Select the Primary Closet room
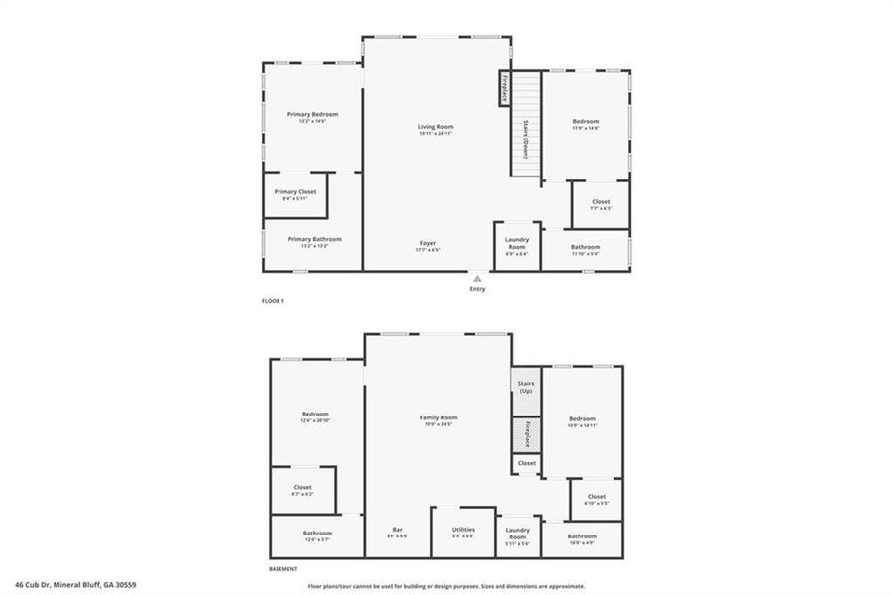pyautogui.click(x=295, y=195)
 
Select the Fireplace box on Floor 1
pyautogui.click(x=505, y=89)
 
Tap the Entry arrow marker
pyautogui.click(x=478, y=279)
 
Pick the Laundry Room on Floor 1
pyautogui.click(x=516, y=244)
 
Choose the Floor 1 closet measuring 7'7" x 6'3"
pyautogui.click(x=601, y=205)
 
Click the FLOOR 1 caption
pyautogui.click(x=273, y=300)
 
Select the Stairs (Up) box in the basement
pyautogui.click(x=525, y=387)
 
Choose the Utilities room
pyautogui.click(x=463, y=534)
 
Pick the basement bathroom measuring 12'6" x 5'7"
pyautogui.click(x=317, y=536)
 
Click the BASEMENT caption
pyautogui.click(x=283, y=569)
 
